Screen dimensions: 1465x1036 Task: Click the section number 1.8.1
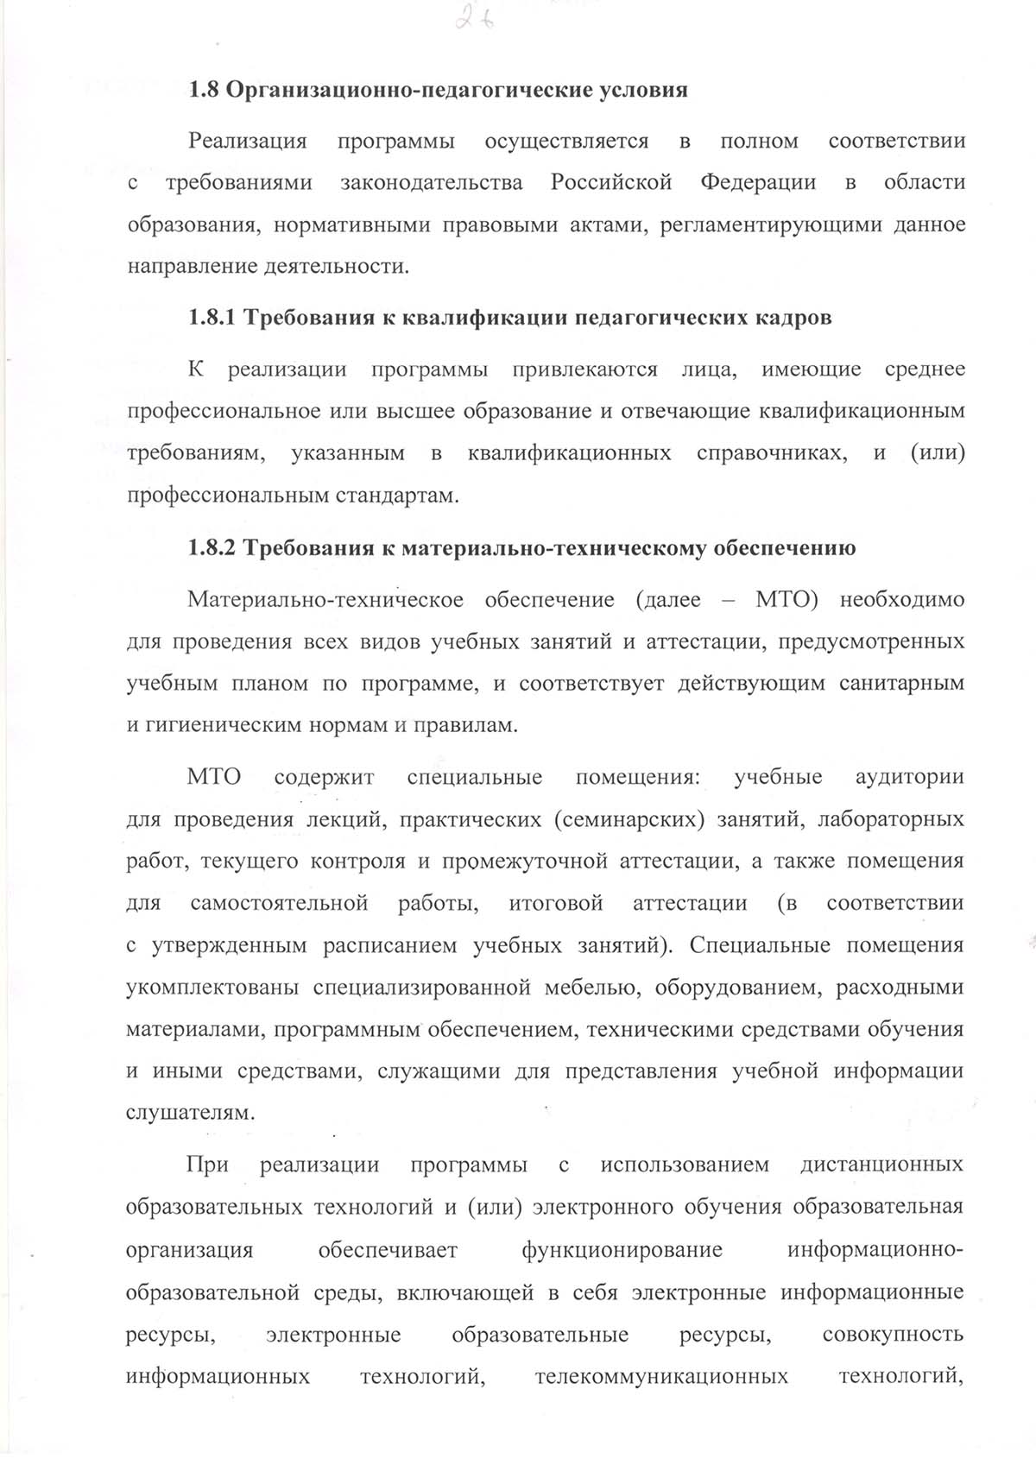point(212,318)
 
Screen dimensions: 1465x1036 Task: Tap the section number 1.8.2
point(212,548)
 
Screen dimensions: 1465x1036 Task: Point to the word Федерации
point(758,183)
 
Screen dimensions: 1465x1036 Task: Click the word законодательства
point(432,183)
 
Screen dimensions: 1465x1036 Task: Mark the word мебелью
point(591,988)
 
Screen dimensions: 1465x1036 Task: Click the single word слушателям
point(190,1114)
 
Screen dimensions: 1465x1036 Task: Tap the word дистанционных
point(881,1165)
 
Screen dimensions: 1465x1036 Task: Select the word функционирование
point(622,1250)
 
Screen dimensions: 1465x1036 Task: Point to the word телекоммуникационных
point(661,1376)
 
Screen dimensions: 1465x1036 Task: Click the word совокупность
point(893,1335)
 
